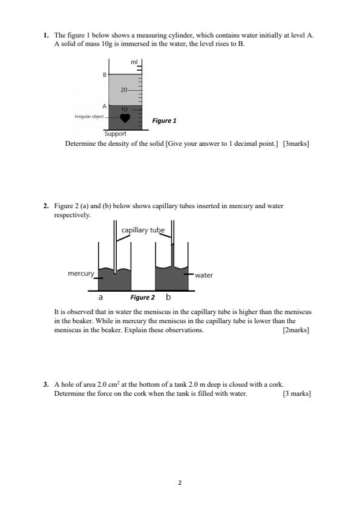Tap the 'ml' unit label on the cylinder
click(134, 62)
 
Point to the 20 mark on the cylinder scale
click(124, 90)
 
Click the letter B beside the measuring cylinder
click(104, 75)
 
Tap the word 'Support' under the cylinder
click(115, 134)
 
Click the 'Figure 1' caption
click(164, 121)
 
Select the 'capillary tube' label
click(143, 231)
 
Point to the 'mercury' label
click(80, 274)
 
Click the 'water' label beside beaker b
click(204, 275)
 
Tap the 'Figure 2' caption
click(143, 298)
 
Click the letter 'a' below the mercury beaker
click(100, 298)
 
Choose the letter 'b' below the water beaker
click(168, 298)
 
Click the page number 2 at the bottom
click(180, 483)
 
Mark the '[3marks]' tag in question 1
click(296, 144)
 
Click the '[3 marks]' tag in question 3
click(296, 394)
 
